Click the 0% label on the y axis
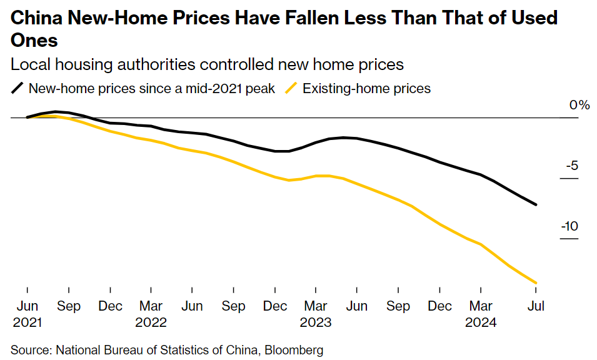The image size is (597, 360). click(x=579, y=105)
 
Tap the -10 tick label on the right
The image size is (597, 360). click(x=568, y=226)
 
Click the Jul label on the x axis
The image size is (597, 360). click(x=536, y=306)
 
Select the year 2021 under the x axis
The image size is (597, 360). click(x=27, y=322)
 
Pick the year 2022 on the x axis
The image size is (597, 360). click(x=151, y=322)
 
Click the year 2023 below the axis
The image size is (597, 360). click(x=315, y=322)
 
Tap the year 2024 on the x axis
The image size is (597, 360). click(x=480, y=322)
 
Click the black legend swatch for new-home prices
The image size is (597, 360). click(x=18, y=88)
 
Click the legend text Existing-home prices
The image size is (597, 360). click(x=366, y=88)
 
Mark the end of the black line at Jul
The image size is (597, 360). click(x=536, y=204)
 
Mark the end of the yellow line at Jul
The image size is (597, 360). click(x=536, y=283)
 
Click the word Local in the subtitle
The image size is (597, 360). click(x=29, y=64)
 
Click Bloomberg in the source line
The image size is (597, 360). click(x=296, y=350)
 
